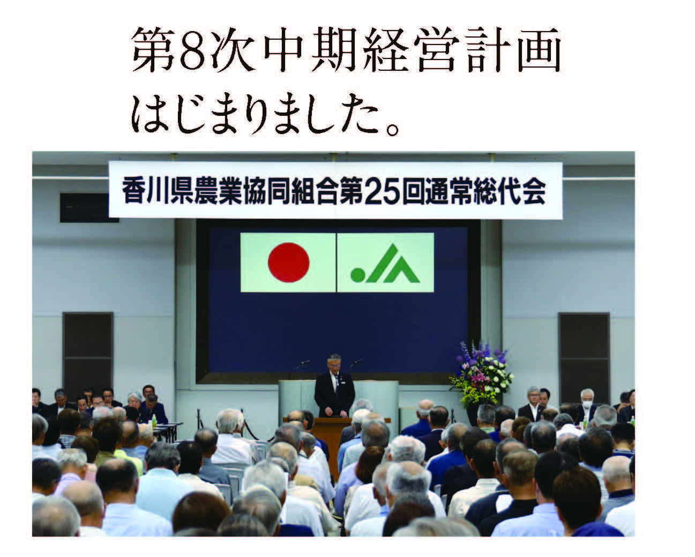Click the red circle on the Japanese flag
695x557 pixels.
point(288,262)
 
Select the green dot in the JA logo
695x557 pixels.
point(357,274)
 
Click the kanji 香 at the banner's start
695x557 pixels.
point(132,192)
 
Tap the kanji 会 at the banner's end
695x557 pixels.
point(535,192)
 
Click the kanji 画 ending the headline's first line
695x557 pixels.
point(539,50)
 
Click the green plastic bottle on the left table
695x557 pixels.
point(154,421)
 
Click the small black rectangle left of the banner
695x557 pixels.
point(89,207)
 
